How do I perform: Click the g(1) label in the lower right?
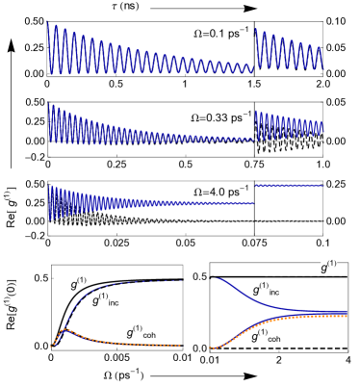point(328,267)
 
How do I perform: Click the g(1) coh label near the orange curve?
point(141,332)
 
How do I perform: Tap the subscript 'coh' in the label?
point(147,336)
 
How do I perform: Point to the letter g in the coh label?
point(130,332)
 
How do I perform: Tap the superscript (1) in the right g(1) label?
point(332,263)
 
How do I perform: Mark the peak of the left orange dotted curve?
point(64,329)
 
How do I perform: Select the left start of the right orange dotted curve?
point(210,347)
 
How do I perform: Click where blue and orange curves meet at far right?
point(345,314)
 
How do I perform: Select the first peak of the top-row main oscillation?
point(49,23)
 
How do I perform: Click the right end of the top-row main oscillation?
point(253,69)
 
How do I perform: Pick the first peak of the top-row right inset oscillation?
point(256,29)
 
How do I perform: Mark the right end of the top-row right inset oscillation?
point(323,67)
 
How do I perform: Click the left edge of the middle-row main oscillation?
point(49,123)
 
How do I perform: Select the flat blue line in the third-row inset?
point(289,186)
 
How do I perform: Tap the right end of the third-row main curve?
point(253,203)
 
